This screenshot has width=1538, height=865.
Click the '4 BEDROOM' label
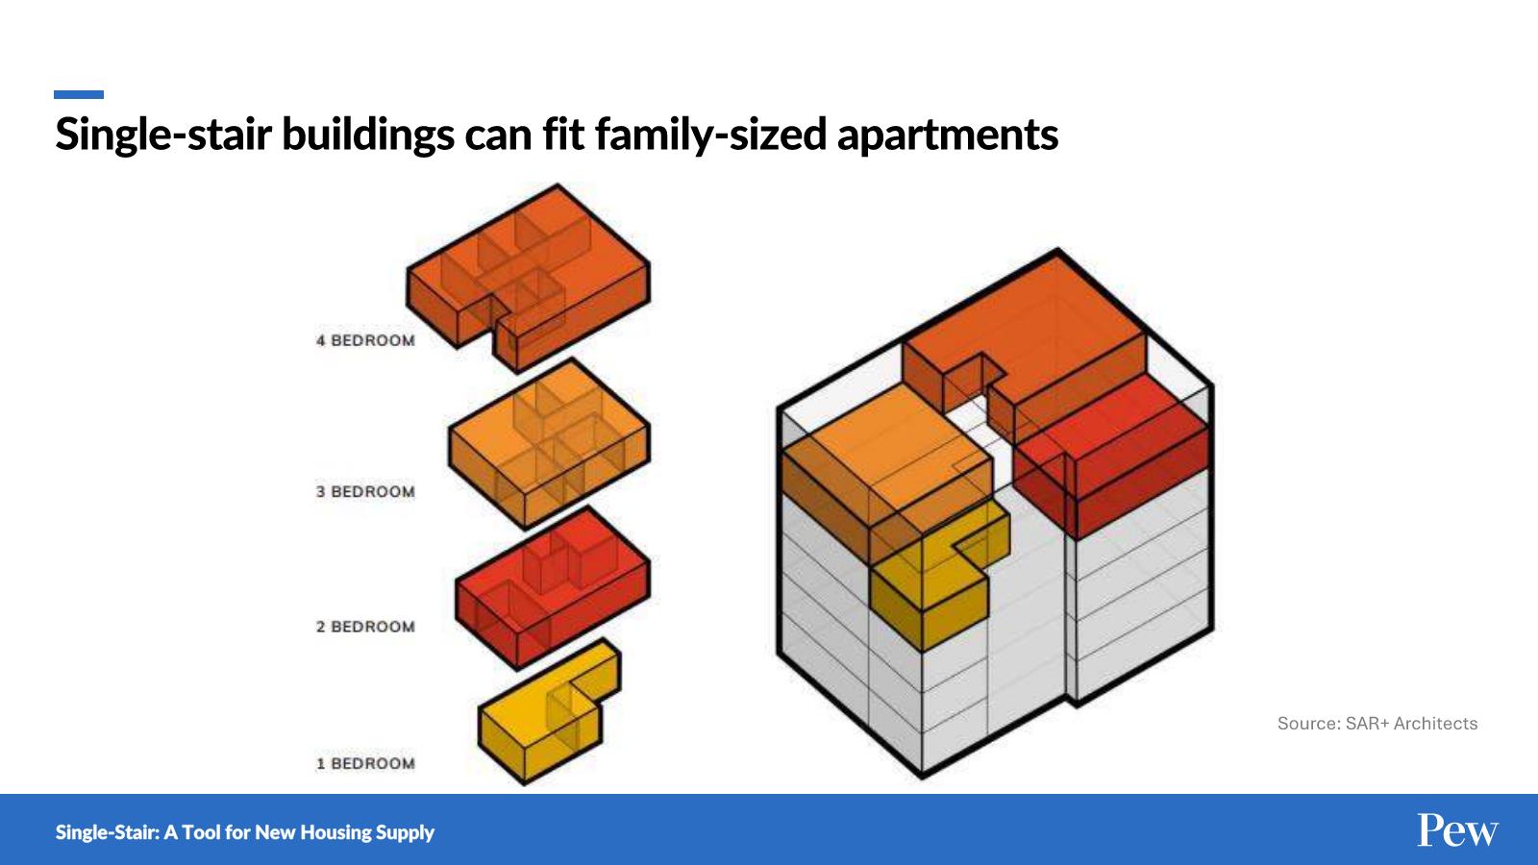click(365, 340)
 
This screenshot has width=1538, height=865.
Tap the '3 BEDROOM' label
click(365, 491)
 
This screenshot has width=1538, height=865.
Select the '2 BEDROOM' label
click(365, 627)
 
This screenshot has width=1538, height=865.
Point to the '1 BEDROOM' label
click(365, 763)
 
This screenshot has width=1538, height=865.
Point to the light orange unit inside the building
click(885, 467)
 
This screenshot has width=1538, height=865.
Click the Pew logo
click(1457, 830)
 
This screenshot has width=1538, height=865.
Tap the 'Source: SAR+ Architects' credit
click(1377, 724)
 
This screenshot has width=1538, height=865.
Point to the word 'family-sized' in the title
click(710, 136)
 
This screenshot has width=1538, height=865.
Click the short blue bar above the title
click(79, 95)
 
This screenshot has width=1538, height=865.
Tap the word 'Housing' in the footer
click(334, 832)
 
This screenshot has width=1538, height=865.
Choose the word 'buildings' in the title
click(368, 136)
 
